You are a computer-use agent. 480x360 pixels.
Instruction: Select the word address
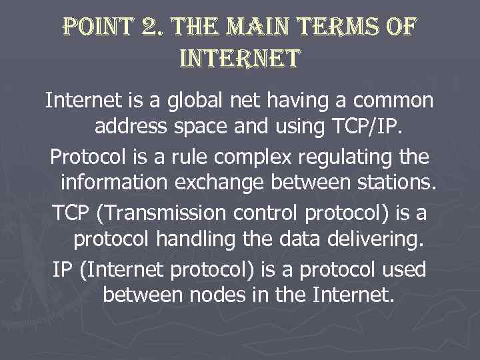point(132,125)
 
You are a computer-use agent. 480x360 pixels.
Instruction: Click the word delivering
point(374,238)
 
